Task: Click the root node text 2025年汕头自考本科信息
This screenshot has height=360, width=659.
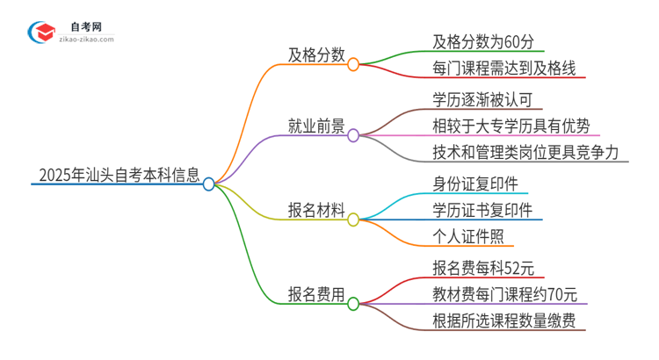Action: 118,173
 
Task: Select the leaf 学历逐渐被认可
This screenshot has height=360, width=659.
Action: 482,98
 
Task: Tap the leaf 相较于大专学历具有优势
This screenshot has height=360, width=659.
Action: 511,126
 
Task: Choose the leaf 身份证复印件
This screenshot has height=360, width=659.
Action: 474,183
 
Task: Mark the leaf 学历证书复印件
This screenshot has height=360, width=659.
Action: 482,210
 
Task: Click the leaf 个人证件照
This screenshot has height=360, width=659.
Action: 468,237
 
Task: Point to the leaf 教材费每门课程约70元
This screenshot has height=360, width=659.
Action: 504,294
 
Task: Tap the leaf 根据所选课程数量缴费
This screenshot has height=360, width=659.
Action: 504,321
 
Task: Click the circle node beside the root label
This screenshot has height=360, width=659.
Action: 209,184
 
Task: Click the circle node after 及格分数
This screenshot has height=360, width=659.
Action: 353,64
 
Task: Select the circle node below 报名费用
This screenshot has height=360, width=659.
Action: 353,305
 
